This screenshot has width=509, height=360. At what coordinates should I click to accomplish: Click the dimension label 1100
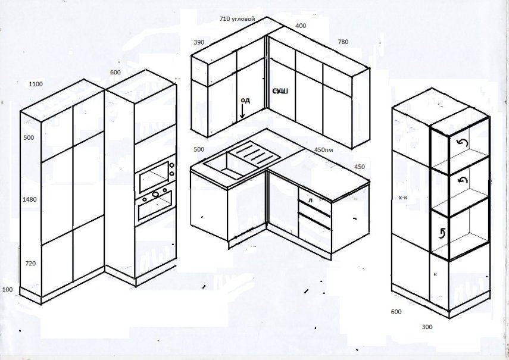point(36,84)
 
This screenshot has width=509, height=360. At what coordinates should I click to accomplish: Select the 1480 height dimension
point(30,199)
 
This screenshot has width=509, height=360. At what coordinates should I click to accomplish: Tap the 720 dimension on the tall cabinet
point(30,264)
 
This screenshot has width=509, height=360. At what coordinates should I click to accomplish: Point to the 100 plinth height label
point(8,289)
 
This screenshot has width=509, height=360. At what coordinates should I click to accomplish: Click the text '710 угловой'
point(238,19)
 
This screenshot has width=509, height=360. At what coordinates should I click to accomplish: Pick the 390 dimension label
point(199,42)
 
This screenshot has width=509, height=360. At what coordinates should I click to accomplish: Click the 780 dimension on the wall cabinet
point(343,42)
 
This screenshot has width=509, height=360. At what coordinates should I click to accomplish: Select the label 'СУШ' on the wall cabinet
point(280,92)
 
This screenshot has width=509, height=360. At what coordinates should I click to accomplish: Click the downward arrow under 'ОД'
point(242,111)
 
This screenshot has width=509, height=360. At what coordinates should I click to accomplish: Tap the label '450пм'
point(324,150)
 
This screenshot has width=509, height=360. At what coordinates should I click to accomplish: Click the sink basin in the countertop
point(225,165)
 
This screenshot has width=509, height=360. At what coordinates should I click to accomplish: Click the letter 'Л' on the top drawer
point(310,201)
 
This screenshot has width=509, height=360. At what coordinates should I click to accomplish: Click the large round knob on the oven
point(156,194)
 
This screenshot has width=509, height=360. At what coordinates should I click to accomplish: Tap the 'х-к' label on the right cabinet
point(403,197)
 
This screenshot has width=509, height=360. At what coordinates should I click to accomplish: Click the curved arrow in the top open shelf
point(461,143)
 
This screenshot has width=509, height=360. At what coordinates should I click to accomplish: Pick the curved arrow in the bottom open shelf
point(442,233)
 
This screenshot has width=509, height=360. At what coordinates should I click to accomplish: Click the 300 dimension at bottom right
point(427,327)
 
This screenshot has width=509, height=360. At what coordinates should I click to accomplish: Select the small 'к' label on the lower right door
point(435,274)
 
